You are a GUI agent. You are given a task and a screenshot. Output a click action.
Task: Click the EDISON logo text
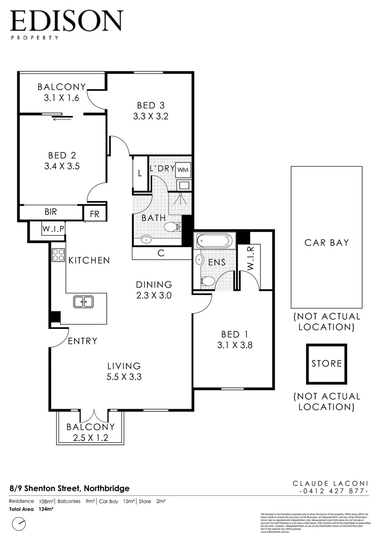click(66, 21)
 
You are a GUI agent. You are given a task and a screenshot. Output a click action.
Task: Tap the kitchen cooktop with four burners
click(58, 255)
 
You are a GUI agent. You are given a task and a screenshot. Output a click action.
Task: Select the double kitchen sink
click(83, 301)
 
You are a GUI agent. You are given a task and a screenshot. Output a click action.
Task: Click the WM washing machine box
click(183, 169)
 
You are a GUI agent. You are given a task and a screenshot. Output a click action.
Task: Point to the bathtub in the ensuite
click(213, 242)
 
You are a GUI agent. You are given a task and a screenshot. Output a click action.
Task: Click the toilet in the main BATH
click(172, 227)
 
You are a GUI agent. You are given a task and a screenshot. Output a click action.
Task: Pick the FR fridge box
click(94, 214)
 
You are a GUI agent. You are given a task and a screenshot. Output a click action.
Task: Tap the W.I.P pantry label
click(51, 229)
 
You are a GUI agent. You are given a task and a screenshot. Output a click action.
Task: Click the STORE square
click(326, 364)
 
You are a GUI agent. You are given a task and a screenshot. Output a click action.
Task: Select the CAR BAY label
click(326, 243)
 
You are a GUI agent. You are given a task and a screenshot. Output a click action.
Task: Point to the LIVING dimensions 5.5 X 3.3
click(125, 376)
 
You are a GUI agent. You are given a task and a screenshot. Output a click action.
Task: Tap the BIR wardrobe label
click(51, 212)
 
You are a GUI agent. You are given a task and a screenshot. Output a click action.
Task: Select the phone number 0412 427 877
click(334, 491)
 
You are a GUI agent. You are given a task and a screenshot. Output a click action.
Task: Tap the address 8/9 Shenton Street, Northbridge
click(69, 488)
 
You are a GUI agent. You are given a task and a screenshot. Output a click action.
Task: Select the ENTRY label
click(82, 341)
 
